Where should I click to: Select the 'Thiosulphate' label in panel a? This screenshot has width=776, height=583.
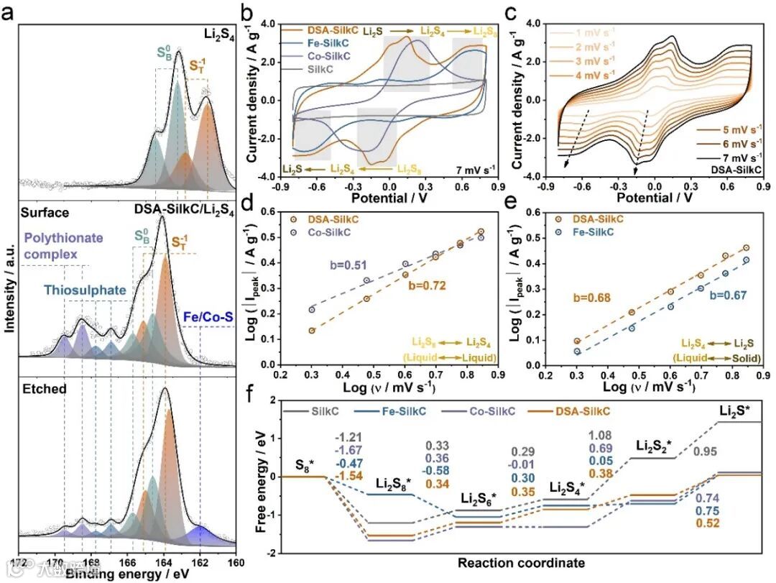coord(85,290)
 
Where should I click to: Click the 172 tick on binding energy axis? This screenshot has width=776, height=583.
coord(19,562)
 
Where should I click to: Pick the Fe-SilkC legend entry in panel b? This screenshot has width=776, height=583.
coord(331,43)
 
